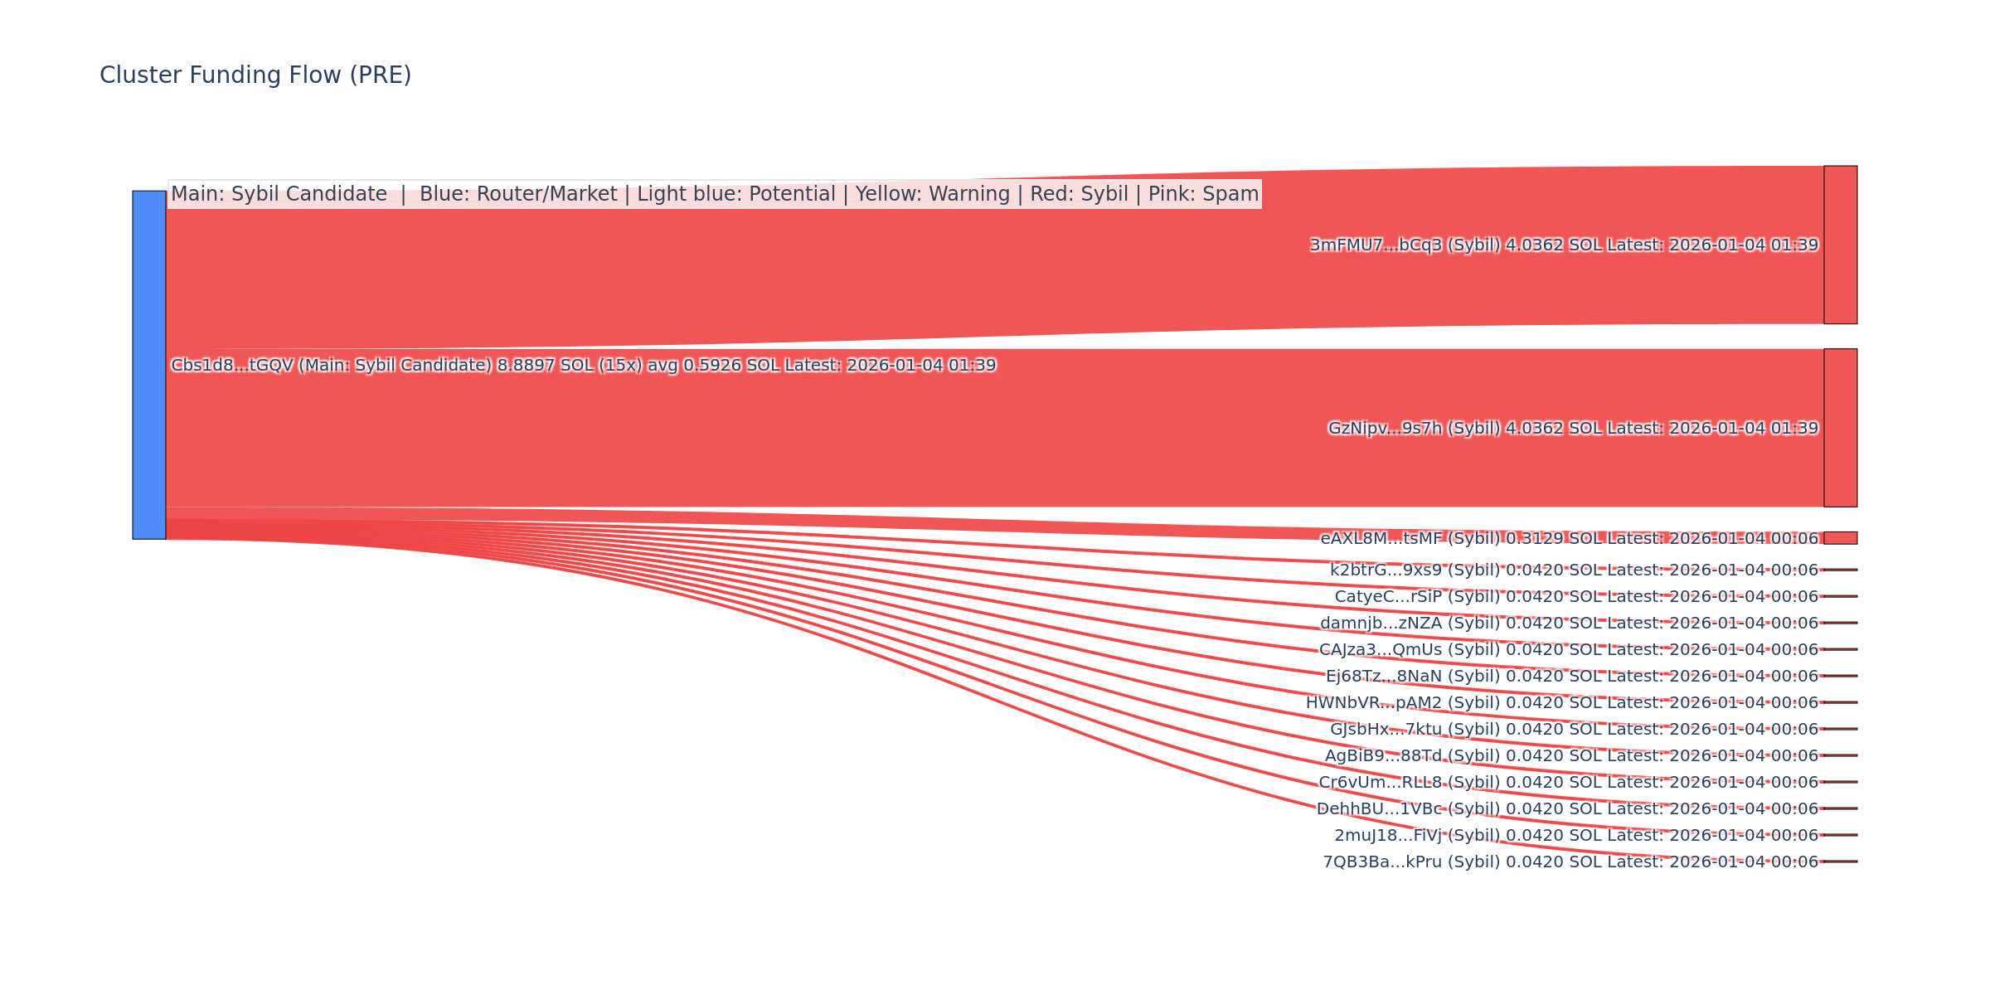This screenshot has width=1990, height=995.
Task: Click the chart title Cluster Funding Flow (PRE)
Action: coord(255,75)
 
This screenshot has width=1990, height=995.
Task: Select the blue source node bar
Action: coord(149,365)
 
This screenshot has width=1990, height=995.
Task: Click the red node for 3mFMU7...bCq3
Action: coord(1840,245)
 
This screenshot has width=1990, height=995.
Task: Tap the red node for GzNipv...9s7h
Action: coord(1840,428)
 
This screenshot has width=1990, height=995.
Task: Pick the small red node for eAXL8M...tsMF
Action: coord(1840,538)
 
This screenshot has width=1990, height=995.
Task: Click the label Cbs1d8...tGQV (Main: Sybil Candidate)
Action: coord(583,366)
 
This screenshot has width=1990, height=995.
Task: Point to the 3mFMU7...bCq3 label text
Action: coord(1564,245)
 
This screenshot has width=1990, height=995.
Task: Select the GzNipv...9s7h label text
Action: coord(1573,429)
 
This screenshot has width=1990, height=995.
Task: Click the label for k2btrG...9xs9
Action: coord(1574,570)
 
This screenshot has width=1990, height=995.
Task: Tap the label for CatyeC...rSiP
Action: coord(1576,597)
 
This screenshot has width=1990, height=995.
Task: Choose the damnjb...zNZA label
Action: coord(1569,624)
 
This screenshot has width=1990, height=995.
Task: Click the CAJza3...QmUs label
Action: coord(1568,650)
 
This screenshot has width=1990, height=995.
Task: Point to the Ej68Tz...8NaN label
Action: coord(1571,677)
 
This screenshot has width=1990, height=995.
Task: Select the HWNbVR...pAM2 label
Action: coord(1561,703)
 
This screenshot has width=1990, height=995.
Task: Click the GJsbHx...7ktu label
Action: coord(1574,730)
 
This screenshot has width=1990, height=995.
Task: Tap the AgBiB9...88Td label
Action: coord(1571,756)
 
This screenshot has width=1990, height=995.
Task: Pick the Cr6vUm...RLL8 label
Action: coord(1568,783)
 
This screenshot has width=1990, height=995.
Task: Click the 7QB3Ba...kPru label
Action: coord(1570,862)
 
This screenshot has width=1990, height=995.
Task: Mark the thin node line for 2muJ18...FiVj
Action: coord(1840,835)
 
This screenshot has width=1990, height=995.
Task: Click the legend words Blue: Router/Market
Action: coord(518,194)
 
